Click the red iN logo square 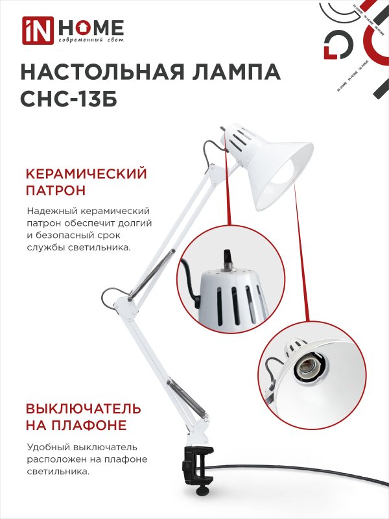click(38, 30)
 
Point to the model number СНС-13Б click(69, 99)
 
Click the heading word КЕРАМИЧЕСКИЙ click(86, 174)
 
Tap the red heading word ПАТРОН click(56, 191)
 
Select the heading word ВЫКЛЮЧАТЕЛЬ click(84, 409)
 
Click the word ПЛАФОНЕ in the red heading click(87, 426)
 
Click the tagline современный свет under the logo click(91, 40)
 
